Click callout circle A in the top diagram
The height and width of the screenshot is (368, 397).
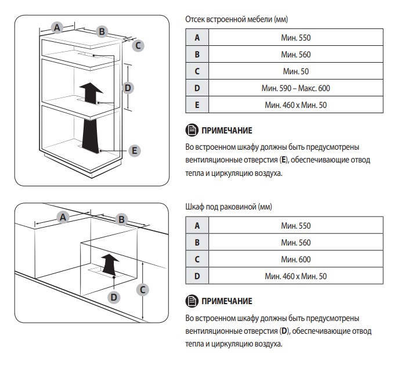point(57,27)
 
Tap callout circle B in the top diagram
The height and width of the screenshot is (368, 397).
point(102,31)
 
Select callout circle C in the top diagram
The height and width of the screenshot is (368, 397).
point(138,45)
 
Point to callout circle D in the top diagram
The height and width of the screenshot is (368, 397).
point(128,88)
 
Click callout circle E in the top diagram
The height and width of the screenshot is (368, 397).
point(135,151)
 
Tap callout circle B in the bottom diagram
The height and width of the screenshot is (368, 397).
point(121,219)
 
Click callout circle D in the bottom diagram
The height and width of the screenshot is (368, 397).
point(114,297)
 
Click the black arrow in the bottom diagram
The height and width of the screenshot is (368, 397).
point(108,265)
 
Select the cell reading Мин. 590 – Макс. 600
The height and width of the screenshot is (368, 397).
point(295,88)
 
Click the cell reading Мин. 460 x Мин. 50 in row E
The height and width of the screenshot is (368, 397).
point(295,105)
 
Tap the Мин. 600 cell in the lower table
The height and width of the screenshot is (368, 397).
point(295,259)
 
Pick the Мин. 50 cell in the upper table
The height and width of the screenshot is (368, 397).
point(295,71)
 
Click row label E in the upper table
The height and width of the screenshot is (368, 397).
point(197,105)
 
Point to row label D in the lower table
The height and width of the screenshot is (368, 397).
point(197,276)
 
